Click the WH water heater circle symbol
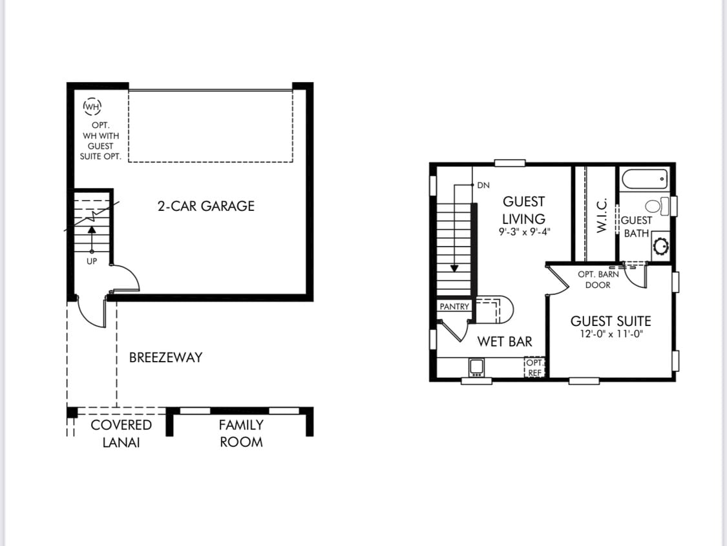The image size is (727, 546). click(x=92, y=105)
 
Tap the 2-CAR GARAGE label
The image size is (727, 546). click(x=206, y=206)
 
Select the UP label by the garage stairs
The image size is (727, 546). click(x=92, y=261)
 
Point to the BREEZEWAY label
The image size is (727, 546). click(x=165, y=357)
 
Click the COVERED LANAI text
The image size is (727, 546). click(x=121, y=433)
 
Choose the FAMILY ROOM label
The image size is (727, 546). click(x=240, y=433)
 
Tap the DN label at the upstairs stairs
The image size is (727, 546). click(x=483, y=185)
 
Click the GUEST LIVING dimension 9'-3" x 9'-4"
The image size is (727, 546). click(x=524, y=231)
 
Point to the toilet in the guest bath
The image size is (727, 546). click(x=654, y=206)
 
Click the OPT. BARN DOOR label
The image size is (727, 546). click(x=598, y=279)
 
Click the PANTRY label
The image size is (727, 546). click(x=454, y=307)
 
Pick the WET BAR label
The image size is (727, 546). click(x=505, y=342)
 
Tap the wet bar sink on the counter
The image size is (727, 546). click(x=477, y=367)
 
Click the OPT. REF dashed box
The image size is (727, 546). click(x=535, y=367)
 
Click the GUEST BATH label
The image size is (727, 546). click(x=637, y=226)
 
